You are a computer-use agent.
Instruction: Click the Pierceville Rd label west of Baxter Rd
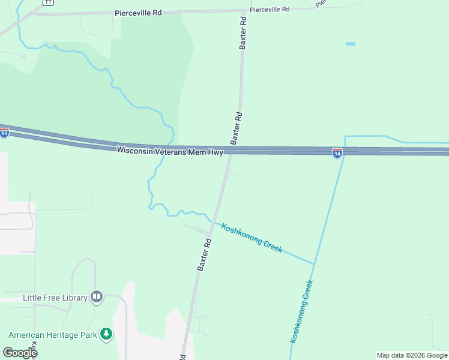(139, 12)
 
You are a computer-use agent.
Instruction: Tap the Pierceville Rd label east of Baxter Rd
(270, 10)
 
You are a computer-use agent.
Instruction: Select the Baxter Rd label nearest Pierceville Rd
(243, 32)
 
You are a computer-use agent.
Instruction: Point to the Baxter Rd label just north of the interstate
(237, 127)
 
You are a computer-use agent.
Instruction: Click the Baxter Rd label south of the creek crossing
(205, 255)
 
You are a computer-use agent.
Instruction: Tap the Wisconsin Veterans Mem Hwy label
(170, 151)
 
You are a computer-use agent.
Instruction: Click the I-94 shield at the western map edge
(4, 133)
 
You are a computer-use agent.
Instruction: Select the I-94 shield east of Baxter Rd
(337, 154)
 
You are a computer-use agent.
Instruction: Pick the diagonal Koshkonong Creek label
(252, 238)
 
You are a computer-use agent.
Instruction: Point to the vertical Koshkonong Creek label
(302, 311)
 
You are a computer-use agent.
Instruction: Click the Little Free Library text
(55, 297)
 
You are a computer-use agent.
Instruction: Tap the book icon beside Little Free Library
(97, 296)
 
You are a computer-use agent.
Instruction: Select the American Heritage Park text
(52, 334)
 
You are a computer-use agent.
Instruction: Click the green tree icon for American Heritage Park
(106, 334)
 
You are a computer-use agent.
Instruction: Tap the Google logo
(20, 352)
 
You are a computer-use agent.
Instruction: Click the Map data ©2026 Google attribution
(412, 355)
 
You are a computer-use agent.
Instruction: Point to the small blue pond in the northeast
(351, 44)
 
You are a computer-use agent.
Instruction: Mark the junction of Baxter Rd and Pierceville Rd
(243, 11)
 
